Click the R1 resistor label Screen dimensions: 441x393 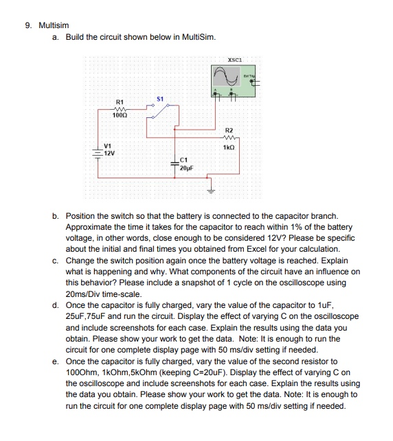click(x=120, y=106)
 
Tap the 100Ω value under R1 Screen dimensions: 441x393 click(x=120, y=121)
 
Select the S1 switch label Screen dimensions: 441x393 click(x=160, y=100)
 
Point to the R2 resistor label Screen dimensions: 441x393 click(x=229, y=130)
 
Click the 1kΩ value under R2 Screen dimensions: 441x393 click(x=229, y=147)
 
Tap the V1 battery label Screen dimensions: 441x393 click(x=107, y=146)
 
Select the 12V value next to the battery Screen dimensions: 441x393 click(x=109, y=153)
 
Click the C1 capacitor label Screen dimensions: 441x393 click(x=183, y=159)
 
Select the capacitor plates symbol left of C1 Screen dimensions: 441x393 click(x=175, y=163)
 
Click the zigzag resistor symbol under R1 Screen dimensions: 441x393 click(x=120, y=113)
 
